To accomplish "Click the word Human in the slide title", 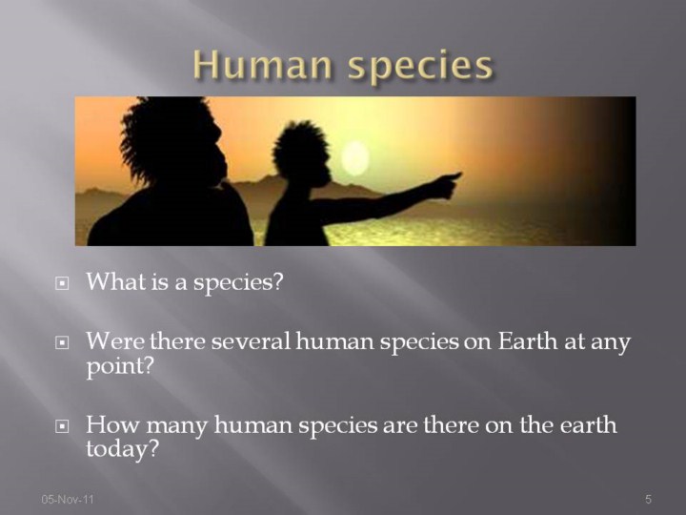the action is coord(262,65).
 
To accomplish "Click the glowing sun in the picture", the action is coord(354,158).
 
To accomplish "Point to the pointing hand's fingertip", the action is coord(460,174).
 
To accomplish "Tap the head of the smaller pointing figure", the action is coord(303,154).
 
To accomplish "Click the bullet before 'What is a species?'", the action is coord(62,284).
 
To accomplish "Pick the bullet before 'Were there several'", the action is coord(62,343).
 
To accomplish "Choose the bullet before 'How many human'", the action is coord(62,426).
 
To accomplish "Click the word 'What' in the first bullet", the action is coord(116,281).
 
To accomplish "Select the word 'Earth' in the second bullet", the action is coord(528,341).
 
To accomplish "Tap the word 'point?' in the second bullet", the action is coord(120,366).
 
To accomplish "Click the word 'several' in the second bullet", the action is coord(252,341).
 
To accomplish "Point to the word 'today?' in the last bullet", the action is coord(122,449).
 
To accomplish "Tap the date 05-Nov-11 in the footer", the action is coord(68,499).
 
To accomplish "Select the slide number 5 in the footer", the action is coord(649,499).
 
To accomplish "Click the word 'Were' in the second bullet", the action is coord(115,341).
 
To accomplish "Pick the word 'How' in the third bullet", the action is coord(112,424).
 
